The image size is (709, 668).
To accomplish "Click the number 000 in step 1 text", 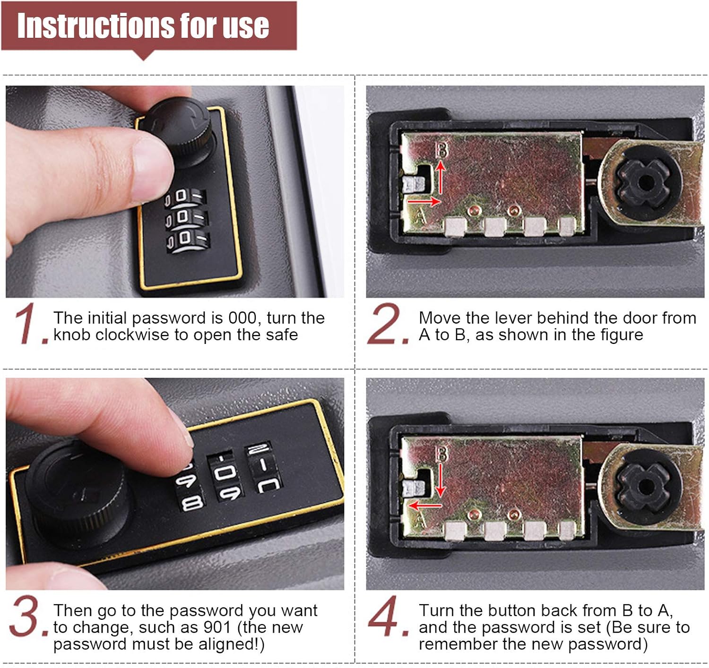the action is pos(242,318).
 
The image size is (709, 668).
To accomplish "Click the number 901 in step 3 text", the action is pos(217,627).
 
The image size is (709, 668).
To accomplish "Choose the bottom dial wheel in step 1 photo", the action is pos(188,240).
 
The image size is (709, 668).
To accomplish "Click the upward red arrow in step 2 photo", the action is pos(441,177).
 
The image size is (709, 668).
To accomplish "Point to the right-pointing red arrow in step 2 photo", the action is pos(424,201).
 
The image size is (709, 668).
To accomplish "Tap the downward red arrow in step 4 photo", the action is pos(441,480).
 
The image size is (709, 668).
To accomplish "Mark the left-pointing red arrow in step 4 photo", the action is pos(425,505).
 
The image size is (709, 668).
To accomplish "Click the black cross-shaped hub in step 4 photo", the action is pos(644,487).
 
